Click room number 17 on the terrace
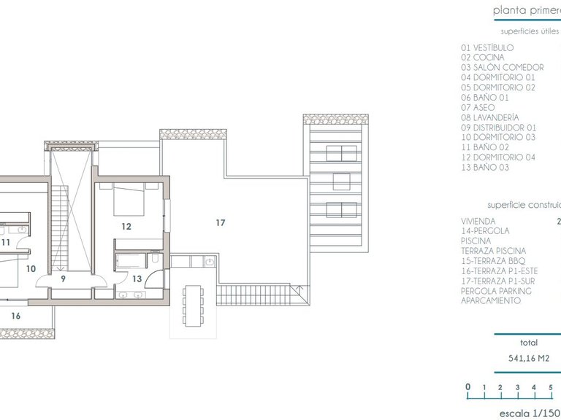pos(221,222)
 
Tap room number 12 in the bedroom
pos(126,227)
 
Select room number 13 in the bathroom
pos(137,278)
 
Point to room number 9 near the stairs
pos(63,278)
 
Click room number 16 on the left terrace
pos(16,316)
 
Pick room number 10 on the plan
pos(31,268)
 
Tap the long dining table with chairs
pos(194,306)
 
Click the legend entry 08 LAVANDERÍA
pos(490,117)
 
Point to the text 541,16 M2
pos(529,359)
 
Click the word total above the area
pos(529,342)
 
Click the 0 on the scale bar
pos(467,387)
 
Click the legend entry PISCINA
pos(476,241)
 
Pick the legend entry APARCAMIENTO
pos(491,300)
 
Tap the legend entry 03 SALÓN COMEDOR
pos(503,68)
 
